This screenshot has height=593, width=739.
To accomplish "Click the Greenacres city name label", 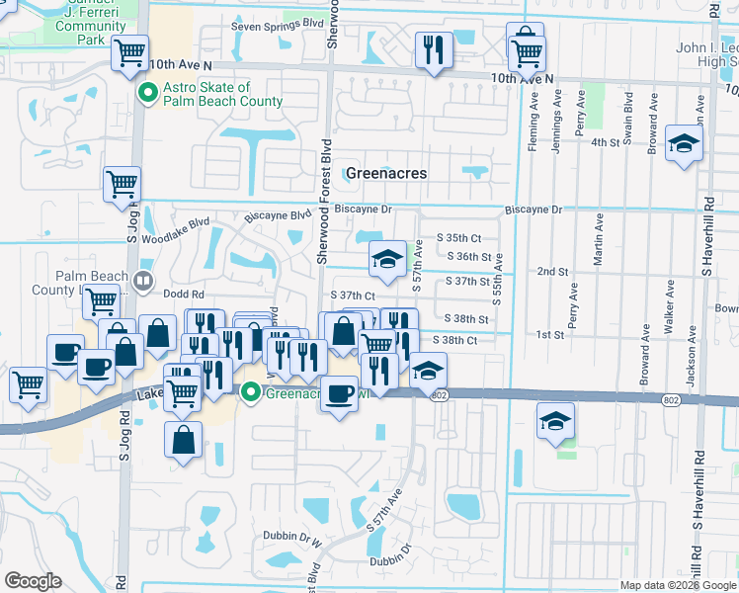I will (386, 173).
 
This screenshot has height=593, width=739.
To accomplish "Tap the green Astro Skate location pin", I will (146, 94).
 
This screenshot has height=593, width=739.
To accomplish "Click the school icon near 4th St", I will (683, 144).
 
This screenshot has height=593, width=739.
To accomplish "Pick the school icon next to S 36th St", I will (387, 260).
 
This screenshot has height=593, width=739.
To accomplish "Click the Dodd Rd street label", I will (183, 295).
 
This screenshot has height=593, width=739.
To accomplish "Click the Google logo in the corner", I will (33, 581).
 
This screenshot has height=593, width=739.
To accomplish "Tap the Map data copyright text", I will (677, 585).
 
